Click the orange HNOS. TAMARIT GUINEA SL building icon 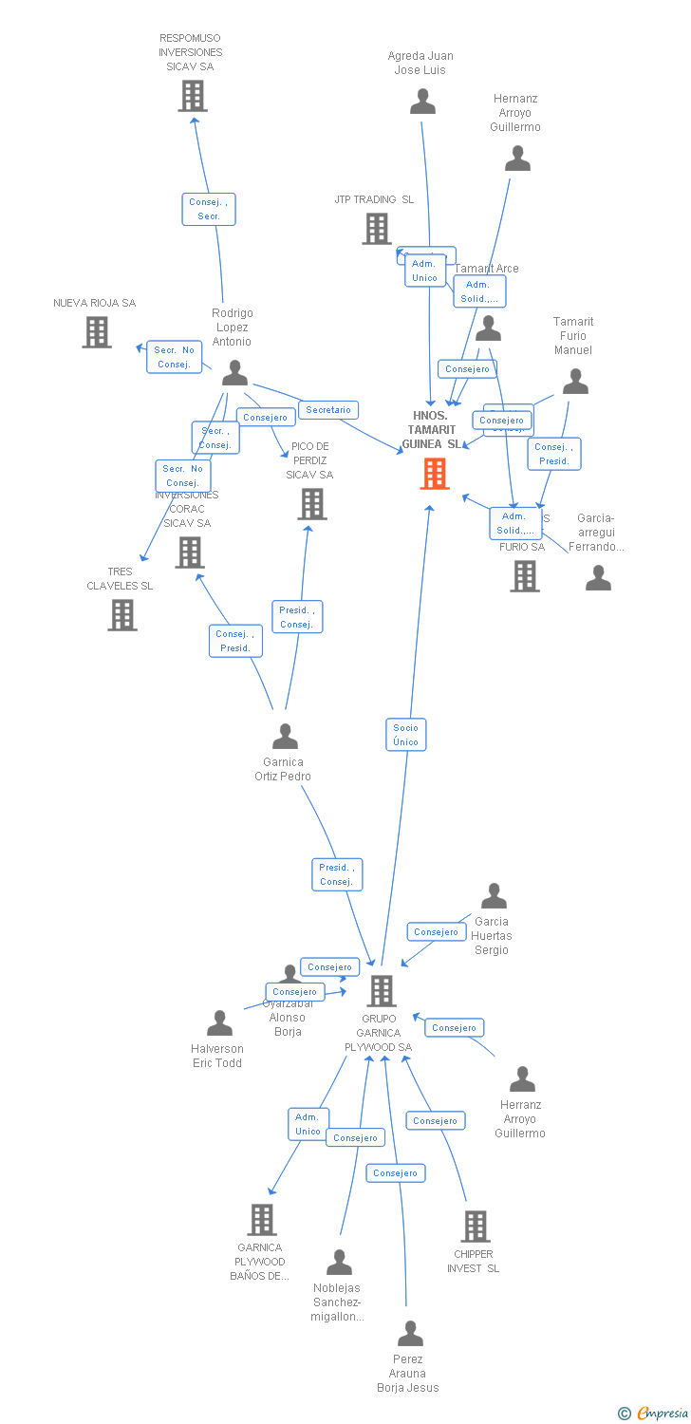[435, 474]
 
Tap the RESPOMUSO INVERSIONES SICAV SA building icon [193, 96]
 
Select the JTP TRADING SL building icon [377, 229]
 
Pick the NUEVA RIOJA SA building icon [97, 332]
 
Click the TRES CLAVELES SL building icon [122, 615]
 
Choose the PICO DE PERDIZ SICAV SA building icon [312, 504]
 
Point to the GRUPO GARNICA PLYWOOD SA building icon [382, 991]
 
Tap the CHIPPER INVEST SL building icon [476, 1227]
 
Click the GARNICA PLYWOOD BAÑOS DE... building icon [262, 1220]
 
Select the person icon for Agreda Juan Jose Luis [422, 101]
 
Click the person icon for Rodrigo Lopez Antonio [234, 372]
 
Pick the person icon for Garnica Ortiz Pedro [285, 736]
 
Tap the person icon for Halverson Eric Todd [219, 1023]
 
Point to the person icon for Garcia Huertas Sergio [494, 896]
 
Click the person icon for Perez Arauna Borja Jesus [410, 1334]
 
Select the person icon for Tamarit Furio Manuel [575, 382]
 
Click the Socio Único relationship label [405, 735]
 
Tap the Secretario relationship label [328, 410]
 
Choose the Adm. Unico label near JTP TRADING [424, 272]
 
